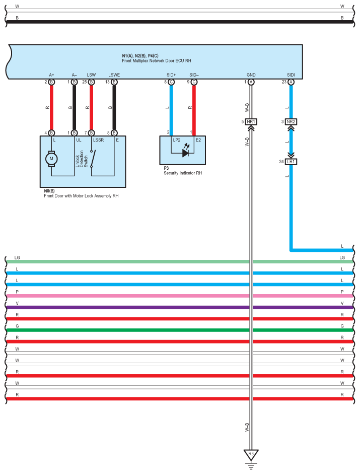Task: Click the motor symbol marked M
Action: (x=51, y=158)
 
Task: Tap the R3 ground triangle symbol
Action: (x=251, y=454)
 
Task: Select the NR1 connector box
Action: (x=251, y=121)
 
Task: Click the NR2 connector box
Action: (x=291, y=121)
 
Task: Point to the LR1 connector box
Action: (x=291, y=162)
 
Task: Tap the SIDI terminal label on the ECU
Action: (x=291, y=75)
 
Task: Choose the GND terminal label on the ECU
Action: (x=251, y=75)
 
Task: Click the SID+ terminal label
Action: (x=171, y=75)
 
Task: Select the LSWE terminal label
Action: (x=114, y=75)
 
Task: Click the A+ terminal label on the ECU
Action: (x=51, y=75)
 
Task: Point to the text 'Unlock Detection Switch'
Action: (x=82, y=159)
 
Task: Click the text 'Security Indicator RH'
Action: (x=183, y=173)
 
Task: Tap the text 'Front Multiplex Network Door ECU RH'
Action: (x=156, y=60)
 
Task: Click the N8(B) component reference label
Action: (x=49, y=191)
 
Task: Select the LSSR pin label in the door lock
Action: (x=98, y=140)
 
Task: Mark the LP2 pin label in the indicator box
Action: (x=177, y=140)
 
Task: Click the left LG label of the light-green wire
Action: (x=17, y=257)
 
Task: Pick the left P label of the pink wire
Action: (x=17, y=292)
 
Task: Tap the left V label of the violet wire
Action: (x=17, y=303)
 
